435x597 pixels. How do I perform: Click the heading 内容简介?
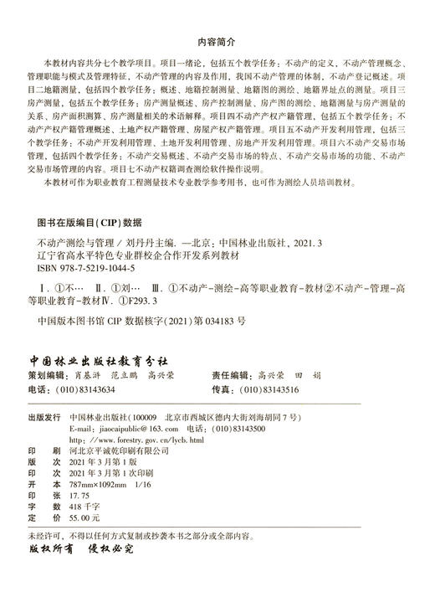tap(217, 40)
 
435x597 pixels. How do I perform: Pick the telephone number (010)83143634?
tap(89, 390)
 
